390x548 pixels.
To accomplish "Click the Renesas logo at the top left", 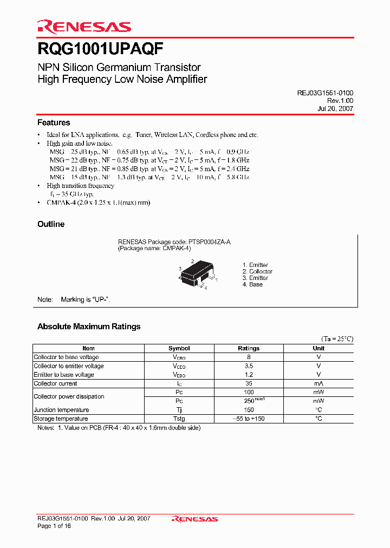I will (x=84, y=26).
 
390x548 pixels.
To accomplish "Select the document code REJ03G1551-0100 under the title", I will (x=325, y=93).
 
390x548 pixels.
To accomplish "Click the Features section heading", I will (x=54, y=123).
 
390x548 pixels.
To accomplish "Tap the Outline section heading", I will (x=51, y=224).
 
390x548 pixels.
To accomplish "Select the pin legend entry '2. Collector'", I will (x=257, y=271).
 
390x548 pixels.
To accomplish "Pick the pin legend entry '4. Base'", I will (x=252, y=284).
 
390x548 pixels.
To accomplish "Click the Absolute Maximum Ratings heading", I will (x=89, y=327).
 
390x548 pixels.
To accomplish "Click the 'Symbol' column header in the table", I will (x=179, y=348).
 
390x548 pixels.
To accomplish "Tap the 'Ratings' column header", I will (x=249, y=348).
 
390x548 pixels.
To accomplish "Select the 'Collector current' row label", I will (x=55, y=383).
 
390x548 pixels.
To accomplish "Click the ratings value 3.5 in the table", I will (x=249, y=366).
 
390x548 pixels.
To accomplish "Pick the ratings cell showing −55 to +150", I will (x=249, y=419).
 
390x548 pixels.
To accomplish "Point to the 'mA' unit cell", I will (x=318, y=383).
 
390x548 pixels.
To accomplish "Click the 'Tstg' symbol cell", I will (x=179, y=419).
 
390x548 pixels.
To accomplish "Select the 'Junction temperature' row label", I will (x=61, y=410).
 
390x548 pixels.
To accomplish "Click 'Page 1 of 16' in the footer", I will (x=54, y=526).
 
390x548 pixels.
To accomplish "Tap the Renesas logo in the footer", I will (x=194, y=519).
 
